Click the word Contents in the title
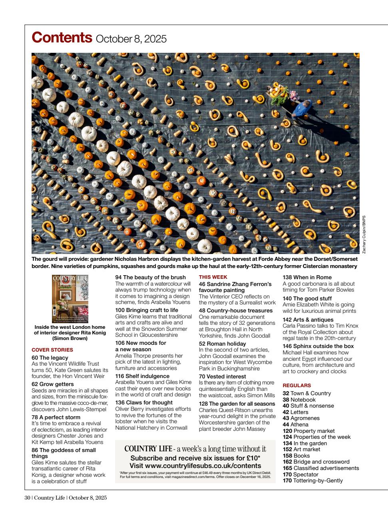tap(62, 38)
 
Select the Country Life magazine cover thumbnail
tap(70, 299)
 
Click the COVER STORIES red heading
tap(52, 350)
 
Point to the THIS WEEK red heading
tap(213, 277)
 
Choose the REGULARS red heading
tap(296, 386)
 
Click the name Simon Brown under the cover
tap(70, 338)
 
